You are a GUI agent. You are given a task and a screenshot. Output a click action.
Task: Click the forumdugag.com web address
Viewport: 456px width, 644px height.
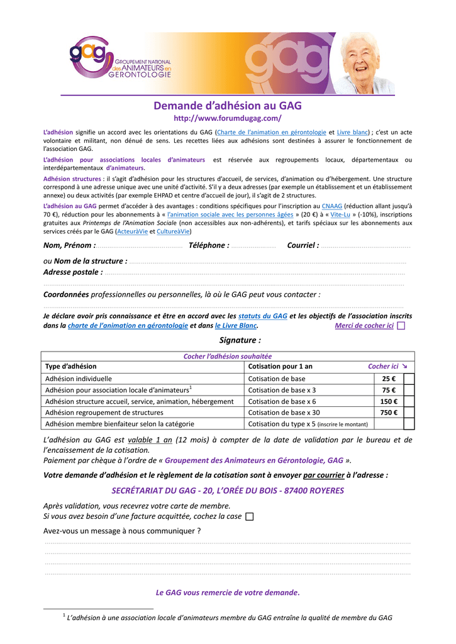(x=228, y=118)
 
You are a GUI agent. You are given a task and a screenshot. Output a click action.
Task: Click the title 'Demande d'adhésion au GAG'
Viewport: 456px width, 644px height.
(x=228, y=106)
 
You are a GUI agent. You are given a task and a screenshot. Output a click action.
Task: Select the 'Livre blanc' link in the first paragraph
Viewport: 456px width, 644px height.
(x=353, y=133)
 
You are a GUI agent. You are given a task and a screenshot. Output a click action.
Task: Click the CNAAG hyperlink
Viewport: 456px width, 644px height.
(x=332, y=206)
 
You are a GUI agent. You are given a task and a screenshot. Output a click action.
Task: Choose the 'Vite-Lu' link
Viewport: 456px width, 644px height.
(x=340, y=214)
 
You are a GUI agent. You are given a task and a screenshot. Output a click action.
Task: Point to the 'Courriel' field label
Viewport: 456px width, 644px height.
(x=303, y=245)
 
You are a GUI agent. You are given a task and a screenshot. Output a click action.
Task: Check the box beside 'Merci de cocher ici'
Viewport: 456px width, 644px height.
(x=401, y=326)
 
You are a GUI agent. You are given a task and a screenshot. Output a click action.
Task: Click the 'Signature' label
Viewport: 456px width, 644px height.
(x=240, y=340)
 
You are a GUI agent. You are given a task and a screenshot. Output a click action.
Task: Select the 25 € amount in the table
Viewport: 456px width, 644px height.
(x=389, y=379)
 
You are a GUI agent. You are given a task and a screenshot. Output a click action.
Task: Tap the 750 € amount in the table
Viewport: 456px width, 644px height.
(x=389, y=413)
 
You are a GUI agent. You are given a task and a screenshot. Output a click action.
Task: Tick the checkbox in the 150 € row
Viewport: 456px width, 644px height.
(x=409, y=401)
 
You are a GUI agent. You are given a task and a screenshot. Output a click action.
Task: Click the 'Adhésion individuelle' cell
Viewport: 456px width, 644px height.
(x=79, y=379)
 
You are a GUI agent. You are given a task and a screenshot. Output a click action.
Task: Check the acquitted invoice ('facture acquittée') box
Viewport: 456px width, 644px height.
(x=250, y=517)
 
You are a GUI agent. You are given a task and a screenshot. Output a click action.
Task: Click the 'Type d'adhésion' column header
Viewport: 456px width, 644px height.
(x=71, y=366)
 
